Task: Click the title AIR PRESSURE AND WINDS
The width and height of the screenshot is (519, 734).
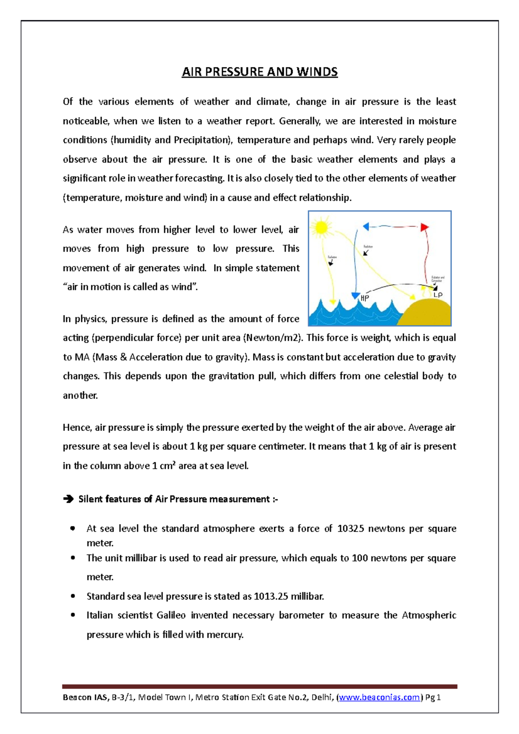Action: (x=259, y=72)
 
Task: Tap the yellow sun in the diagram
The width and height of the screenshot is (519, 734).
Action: (x=321, y=228)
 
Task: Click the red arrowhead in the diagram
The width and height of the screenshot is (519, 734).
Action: (x=425, y=227)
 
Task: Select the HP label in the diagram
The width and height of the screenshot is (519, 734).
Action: (x=365, y=298)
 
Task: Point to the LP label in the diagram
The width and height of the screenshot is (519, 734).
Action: (x=438, y=294)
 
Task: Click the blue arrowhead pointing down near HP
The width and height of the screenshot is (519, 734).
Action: (x=356, y=296)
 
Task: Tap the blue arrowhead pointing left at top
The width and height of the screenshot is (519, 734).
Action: (x=366, y=226)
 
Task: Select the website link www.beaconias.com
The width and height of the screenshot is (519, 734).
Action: (x=379, y=697)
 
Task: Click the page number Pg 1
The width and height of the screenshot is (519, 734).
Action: (x=433, y=697)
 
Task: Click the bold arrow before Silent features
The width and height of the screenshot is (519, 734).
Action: (x=68, y=499)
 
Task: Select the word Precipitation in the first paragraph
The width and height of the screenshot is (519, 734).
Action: (x=201, y=140)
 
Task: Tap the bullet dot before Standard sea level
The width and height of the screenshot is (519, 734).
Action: (x=73, y=596)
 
